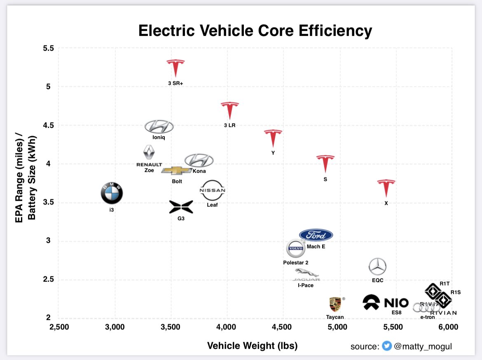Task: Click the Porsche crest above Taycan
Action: point(335,305)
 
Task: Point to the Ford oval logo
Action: point(316,235)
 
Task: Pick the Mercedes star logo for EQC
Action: point(377,267)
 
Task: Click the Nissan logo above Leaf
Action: point(212,191)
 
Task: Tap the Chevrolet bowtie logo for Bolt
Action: point(176,170)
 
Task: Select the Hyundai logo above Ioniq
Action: point(159,127)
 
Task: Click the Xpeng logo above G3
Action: point(181,207)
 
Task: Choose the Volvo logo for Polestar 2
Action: point(295,248)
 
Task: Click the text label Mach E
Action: point(316,247)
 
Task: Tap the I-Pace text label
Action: point(305,285)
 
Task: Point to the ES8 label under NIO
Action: point(396,312)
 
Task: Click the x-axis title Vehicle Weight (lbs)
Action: point(252,346)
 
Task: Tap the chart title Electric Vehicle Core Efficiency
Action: point(255,31)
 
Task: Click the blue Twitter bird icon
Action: point(386,346)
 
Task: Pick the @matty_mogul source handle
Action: point(423,346)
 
